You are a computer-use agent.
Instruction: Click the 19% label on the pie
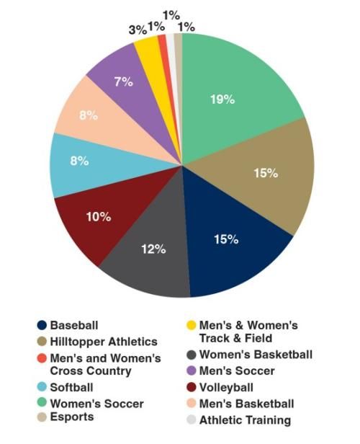(222, 99)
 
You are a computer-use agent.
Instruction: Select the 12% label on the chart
(154, 249)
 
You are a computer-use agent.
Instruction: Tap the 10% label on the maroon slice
(98, 216)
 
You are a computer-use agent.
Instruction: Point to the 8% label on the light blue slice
(79, 161)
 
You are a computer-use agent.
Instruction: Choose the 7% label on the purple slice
(123, 81)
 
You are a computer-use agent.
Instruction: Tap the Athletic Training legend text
(245, 419)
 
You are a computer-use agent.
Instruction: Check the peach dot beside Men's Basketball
(190, 404)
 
